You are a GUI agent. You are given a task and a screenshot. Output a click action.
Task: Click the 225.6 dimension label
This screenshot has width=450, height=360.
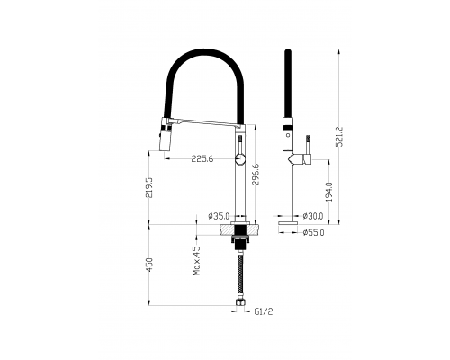coord(202,158)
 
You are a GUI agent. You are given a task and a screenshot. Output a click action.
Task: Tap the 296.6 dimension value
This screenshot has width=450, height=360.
coord(256,175)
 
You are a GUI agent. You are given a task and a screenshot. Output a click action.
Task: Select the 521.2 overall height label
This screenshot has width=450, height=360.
coord(339,137)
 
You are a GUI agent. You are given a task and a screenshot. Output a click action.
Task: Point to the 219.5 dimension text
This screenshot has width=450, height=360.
coord(149,188)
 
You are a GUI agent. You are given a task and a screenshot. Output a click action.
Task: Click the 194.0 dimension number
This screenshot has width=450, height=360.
coord(329,192)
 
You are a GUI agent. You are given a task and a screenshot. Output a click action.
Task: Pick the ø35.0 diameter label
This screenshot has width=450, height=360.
coord(219,216)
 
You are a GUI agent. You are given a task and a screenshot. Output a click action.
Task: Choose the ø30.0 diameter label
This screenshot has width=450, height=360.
coord(313,216)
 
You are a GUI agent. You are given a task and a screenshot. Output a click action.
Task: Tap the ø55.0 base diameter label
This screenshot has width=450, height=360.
coord(313,232)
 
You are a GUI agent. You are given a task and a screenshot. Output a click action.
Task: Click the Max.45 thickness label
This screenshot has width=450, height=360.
coord(196,260)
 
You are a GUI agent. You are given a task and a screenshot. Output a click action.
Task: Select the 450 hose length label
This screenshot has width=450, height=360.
coord(149,265)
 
